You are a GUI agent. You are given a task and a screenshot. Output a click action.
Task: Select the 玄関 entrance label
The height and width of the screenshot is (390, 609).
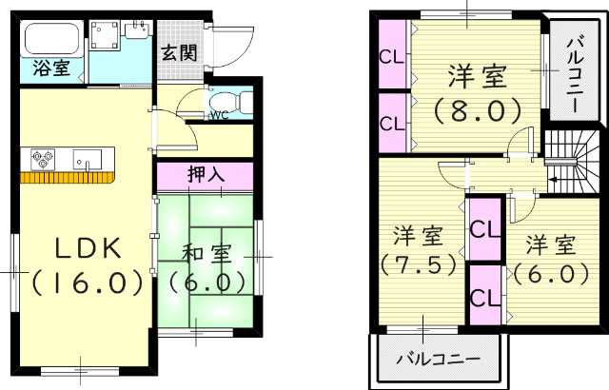click(178, 53)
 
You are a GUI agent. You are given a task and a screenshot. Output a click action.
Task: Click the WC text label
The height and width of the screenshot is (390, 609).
click(218, 116)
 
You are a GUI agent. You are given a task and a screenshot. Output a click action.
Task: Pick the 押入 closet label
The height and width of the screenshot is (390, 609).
click(206, 176)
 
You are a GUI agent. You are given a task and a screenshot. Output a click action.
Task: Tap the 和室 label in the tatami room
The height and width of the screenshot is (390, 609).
click(207, 253)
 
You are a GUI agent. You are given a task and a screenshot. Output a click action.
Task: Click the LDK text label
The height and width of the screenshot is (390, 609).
click(85, 249)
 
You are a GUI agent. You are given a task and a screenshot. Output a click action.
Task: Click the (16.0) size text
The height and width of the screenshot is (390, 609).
click(87, 283)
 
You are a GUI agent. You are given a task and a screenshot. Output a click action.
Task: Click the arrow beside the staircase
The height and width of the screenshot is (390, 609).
click(554, 178)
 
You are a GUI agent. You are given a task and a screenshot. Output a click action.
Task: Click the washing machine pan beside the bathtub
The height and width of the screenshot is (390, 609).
click(120, 37)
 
